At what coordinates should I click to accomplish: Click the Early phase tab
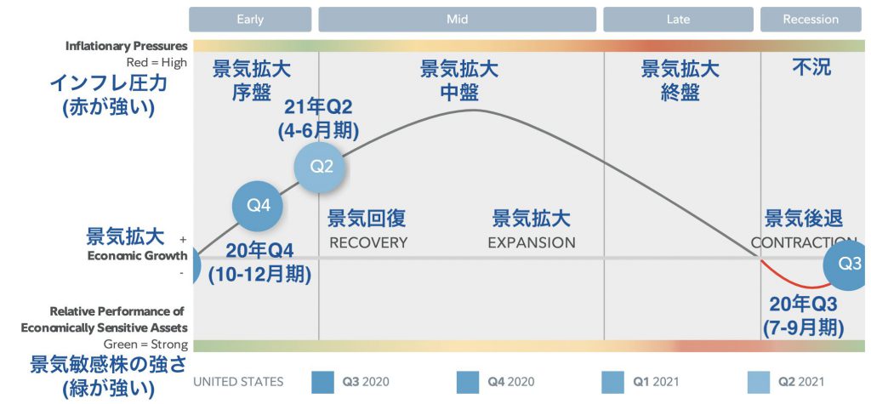tap(250, 20)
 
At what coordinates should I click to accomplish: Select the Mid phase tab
tap(457, 20)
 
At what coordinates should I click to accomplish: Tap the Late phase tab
tap(678, 20)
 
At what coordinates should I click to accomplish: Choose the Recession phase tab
tap(811, 20)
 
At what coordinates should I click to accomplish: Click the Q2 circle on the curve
tap(320, 167)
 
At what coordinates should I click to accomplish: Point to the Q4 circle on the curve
tap(258, 206)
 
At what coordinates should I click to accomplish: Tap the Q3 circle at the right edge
tap(848, 265)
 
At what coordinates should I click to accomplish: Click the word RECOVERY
tap(368, 243)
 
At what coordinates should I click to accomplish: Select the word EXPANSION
tap(532, 243)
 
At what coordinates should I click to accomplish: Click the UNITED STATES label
tap(238, 382)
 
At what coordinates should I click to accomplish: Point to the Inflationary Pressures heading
tap(126, 46)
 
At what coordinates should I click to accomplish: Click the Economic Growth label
tap(137, 256)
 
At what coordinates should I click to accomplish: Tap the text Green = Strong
tap(145, 344)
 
